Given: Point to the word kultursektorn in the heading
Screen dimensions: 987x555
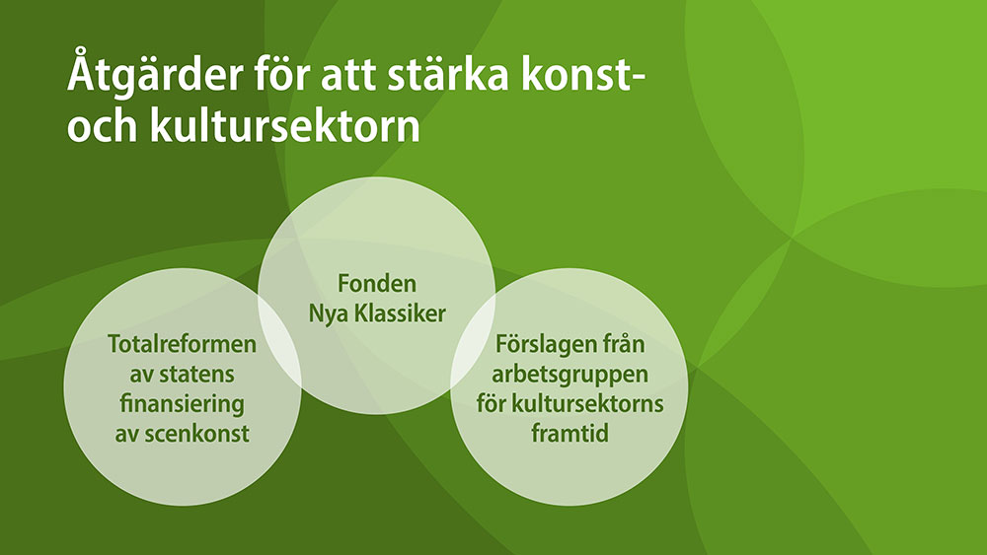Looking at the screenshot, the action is [x=284, y=125].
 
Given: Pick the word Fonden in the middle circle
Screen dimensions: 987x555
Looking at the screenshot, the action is [x=377, y=283].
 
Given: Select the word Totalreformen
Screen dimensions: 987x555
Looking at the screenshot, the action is [x=182, y=343].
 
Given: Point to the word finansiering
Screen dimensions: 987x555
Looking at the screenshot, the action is [x=182, y=403].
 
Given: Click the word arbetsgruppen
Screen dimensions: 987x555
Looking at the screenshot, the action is [x=569, y=375].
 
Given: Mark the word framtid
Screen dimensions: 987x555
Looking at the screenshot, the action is [x=569, y=434].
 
